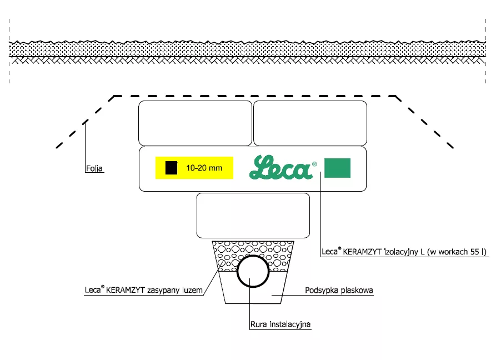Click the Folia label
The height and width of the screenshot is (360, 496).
pyautogui.click(x=94, y=168)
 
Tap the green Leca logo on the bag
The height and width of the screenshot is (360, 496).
pyautogui.click(x=280, y=167)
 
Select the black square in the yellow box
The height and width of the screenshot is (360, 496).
pyautogui.click(x=172, y=168)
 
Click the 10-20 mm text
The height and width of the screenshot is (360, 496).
pyautogui.click(x=204, y=168)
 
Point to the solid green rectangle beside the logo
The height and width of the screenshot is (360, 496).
pyautogui.click(x=338, y=168)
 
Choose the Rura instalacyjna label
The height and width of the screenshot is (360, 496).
pyautogui.click(x=280, y=324)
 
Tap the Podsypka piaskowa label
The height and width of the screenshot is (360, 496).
pyautogui.click(x=339, y=290)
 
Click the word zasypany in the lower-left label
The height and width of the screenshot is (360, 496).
pyautogui.click(x=163, y=290)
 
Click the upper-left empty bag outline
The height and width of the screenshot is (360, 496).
pyautogui.click(x=195, y=123)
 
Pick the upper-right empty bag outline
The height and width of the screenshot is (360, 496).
pyautogui.click(x=310, y=123)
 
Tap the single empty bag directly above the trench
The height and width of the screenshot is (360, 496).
pyautogui.click(x=253, y=216)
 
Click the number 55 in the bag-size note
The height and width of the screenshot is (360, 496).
pyautogui.click(x=474, y=252)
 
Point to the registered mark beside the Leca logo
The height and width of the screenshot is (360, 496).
pyautogui.click(x=314, y=164)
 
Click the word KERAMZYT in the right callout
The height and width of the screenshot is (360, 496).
pyautogui.click(x=362, y=252)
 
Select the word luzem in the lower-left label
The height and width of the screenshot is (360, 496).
pyautogui.click(x=192, y=290)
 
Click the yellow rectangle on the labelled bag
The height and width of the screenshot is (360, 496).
pyautogui.click(x=194, y=168)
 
